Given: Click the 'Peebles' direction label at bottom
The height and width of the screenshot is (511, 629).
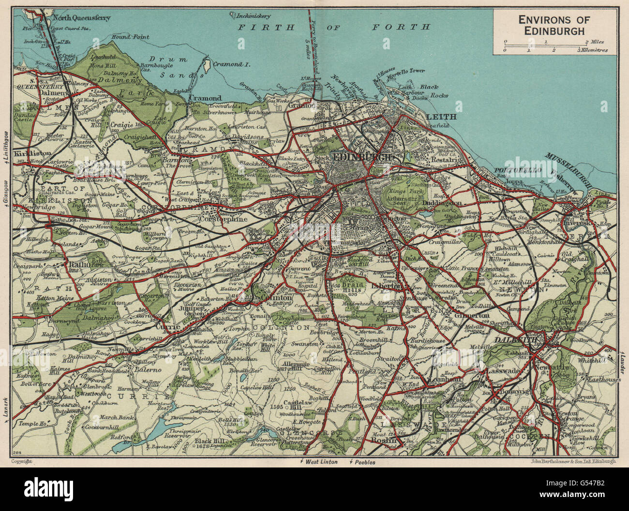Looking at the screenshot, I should coord(364,462).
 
